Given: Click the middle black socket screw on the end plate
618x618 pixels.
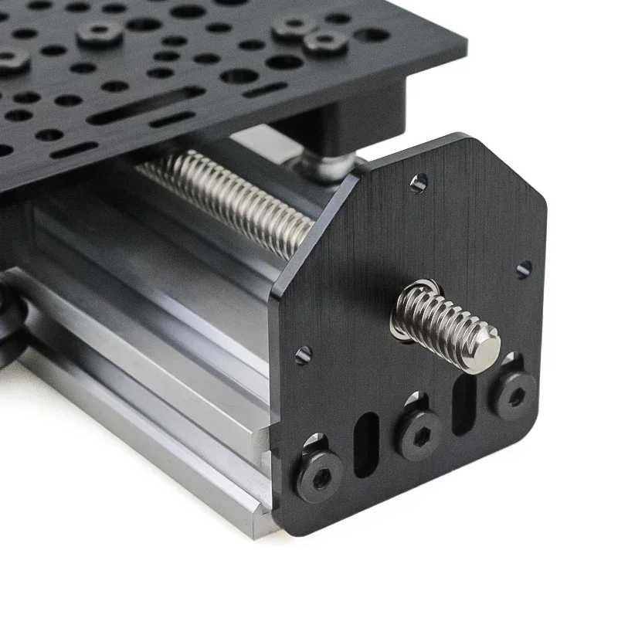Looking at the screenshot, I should point(419,434).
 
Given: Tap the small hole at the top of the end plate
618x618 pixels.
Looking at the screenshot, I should point(419,183).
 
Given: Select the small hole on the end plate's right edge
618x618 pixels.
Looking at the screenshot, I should point(524,269).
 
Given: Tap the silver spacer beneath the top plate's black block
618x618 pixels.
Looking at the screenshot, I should point(324,165).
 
